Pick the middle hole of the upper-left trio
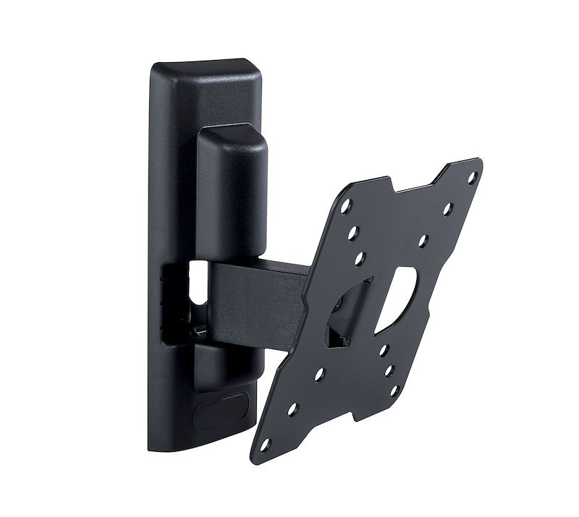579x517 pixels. (x=353, y=234)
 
